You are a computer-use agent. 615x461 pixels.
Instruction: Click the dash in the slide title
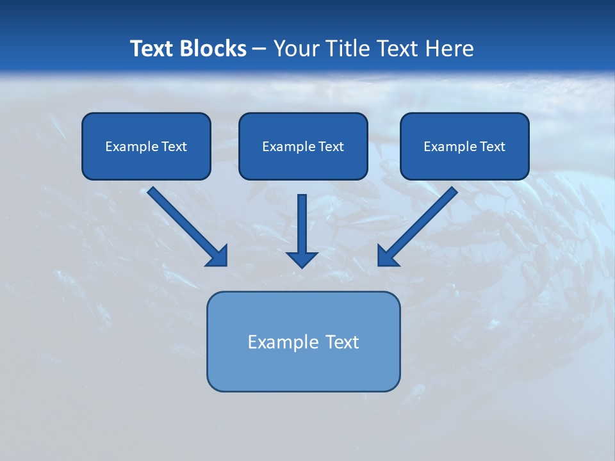[259, 49]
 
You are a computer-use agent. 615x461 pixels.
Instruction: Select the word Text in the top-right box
[492, 147]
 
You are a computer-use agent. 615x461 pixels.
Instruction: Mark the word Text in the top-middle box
[331, 147]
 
